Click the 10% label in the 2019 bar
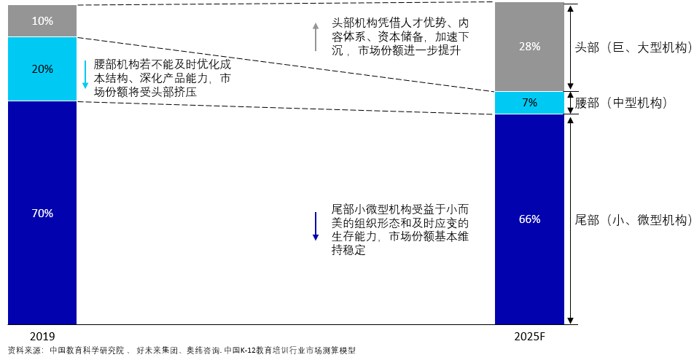[x=42, y=21]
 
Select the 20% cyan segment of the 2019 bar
[x=42, y=69]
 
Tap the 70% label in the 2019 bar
[x=42, y=214]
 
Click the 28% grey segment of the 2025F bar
[x=529, y=47]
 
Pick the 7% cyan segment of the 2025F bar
[x=529, y=103]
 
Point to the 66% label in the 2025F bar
[x=529, y=219]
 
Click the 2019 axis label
[x=42, y=336]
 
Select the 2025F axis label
[x=529, y=336]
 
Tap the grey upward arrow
[x=316, y=36]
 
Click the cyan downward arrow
[x=85, y=74]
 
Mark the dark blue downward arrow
[x=316, y=227]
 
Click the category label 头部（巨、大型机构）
[x=633, y=47]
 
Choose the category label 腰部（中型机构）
[x=620, y=103]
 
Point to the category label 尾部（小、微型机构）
[x=633, y=220]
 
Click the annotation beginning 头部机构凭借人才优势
[x=400, y=36]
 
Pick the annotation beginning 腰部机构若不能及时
[x=163, y=78]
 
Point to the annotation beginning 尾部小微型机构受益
[x=400, y=230]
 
